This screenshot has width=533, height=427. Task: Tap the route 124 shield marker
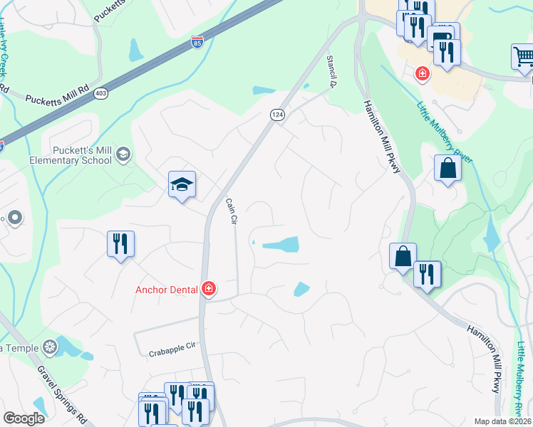tap(277, 115)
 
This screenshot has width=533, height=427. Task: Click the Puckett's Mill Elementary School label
tap(82, 155)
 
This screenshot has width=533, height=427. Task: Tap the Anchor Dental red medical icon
tap(209, 289)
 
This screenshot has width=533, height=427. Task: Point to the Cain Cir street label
tap(230, 211)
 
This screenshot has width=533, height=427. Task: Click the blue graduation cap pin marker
tap(182, 185)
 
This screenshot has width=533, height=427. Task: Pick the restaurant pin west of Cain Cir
tap(120, 244)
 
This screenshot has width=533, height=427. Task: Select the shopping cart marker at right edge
tap(523, 57)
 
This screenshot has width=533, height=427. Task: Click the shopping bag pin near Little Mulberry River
tap(447, 169)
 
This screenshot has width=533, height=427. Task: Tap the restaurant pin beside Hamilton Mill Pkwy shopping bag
tap(426, 274)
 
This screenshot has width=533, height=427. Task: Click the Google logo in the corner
tap(24, 418)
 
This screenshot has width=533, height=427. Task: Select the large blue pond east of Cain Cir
tap(281, 245)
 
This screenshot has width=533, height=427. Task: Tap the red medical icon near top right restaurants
tap(423, 73)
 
